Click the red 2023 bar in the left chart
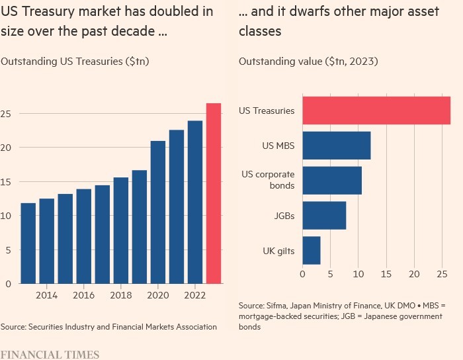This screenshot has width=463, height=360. point(214,193)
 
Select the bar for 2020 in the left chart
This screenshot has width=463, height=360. point(158,212)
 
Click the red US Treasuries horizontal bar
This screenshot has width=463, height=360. point(376,111)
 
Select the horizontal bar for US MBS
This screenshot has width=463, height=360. point(337,146)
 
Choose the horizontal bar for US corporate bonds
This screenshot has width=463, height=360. point(332,181)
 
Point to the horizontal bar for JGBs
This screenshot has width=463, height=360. point(324,216)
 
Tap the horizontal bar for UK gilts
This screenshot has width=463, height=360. point(312,250)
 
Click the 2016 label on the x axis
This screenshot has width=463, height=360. point(84,295)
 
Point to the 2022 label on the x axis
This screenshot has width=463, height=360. point(195,295)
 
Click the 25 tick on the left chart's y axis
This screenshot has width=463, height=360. point(7,114)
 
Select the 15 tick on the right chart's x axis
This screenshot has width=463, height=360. point(386,273)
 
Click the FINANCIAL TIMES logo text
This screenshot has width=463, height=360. point(50,354)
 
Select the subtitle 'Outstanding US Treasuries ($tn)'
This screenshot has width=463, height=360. point(75,62)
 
